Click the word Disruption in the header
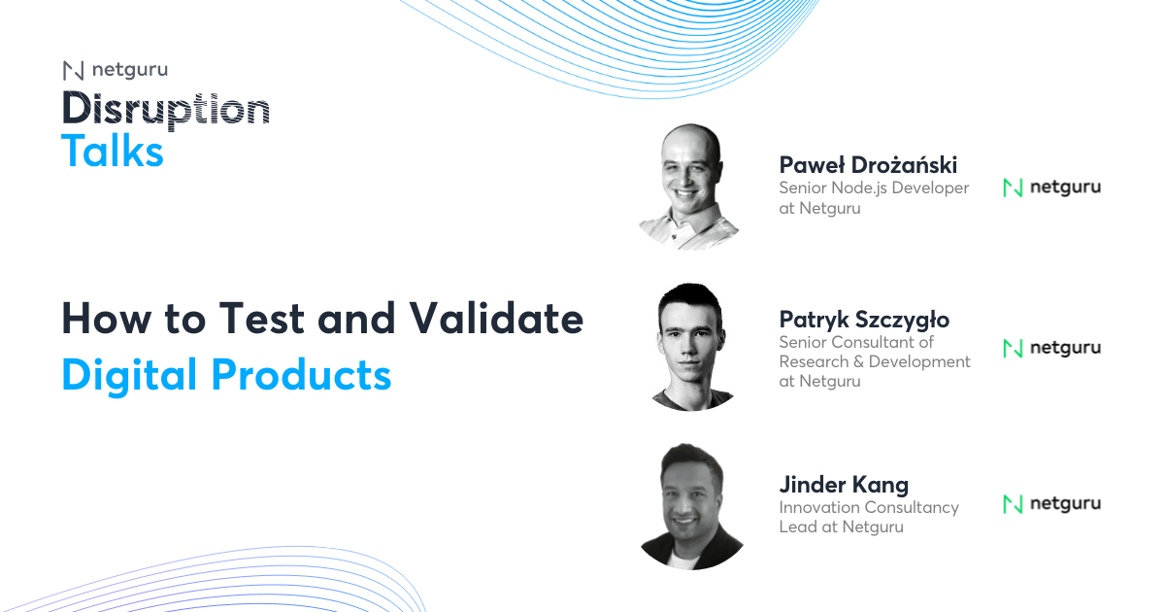click(x=165, y=110)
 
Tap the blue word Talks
click(x=113, y=152)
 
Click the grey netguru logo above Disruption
click(x=115, y=70)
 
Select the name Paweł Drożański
click(x=868, y=164)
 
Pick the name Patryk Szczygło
click(x=864, y=320)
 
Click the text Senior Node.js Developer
click(x=874, y=187)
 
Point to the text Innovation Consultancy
click(x=869, y=507)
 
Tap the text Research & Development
click(x=875, y=361)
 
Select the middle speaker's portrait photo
click(x=691, y=347)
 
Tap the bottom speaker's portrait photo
click(x=691, y=505)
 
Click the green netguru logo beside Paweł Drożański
click(x=1051, y=187)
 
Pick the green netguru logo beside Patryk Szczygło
click(x=1051, y=348)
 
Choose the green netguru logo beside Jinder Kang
click(x=1051, y=503)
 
